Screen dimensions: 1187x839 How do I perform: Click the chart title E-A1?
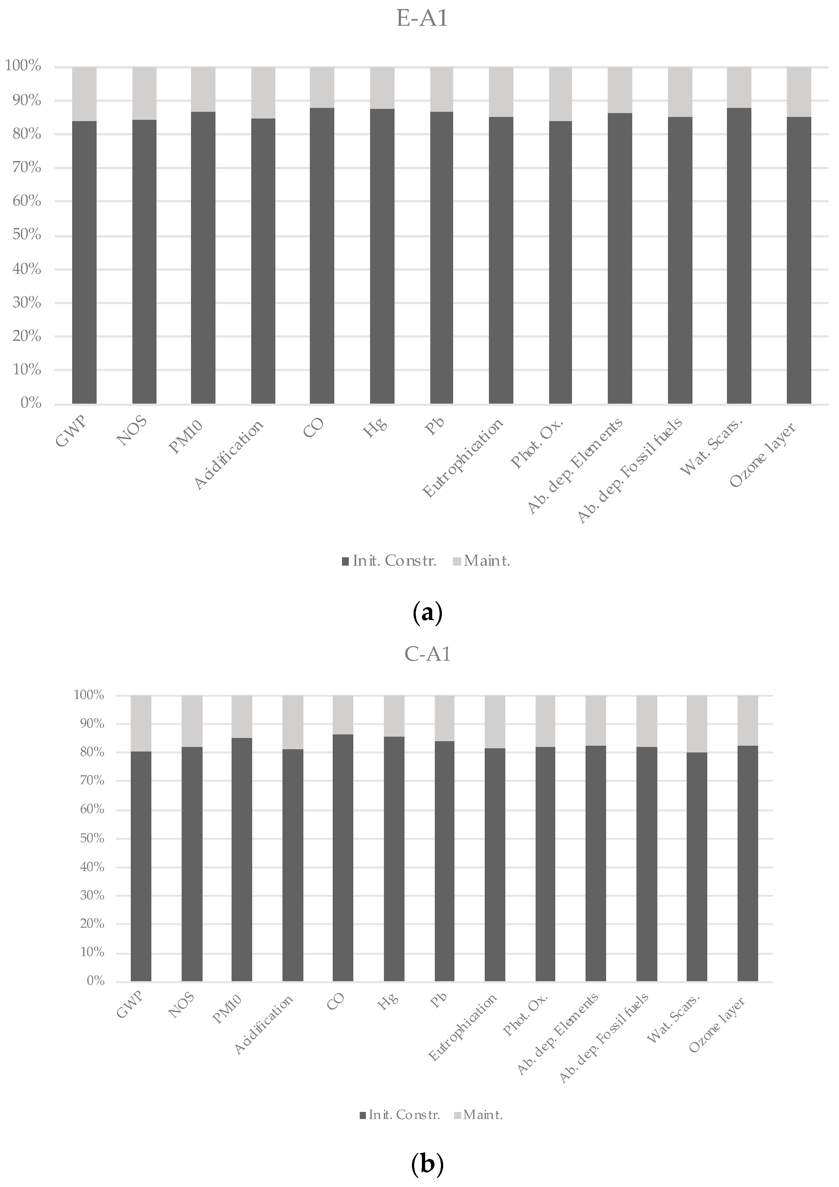click(422, 19)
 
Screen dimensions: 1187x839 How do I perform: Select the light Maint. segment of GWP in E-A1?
click(84, 93)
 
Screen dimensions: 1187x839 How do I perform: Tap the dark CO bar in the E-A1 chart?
click(322, 256)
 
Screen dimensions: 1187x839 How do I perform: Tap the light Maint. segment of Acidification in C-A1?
click(292, 722)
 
